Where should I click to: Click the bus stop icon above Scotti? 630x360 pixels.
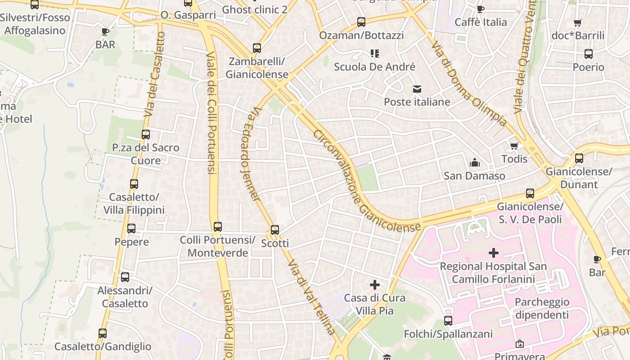[x=275, y=230]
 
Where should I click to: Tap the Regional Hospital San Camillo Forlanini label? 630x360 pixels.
[x=493, y=273]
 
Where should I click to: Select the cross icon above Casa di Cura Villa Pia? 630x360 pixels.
[x=374, y=285]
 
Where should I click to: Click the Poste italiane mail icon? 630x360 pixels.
[x=417, y=89]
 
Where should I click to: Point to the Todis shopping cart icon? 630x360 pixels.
[x=514, y=146]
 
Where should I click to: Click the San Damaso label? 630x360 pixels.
[x=474, y=176]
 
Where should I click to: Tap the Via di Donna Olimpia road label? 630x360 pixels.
[x=469, y=83]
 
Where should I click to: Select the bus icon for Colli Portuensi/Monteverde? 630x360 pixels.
[x=218, y=227]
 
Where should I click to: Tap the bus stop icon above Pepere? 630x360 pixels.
[x=131, y=229]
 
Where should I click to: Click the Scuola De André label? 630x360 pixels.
[x=374, y=67]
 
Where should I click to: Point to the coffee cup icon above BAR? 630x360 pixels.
[x=105, y=31]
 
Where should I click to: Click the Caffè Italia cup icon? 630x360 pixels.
[x=480, y=9]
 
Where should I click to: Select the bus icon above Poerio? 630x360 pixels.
[x=588, y=54]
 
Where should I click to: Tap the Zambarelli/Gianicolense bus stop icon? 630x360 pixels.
[x=257, y=48]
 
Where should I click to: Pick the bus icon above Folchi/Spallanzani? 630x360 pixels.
[x=448, y=321]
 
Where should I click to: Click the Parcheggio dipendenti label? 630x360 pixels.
[x=542, y=308]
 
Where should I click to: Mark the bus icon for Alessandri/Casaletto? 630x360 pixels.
[x=125, y=277]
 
